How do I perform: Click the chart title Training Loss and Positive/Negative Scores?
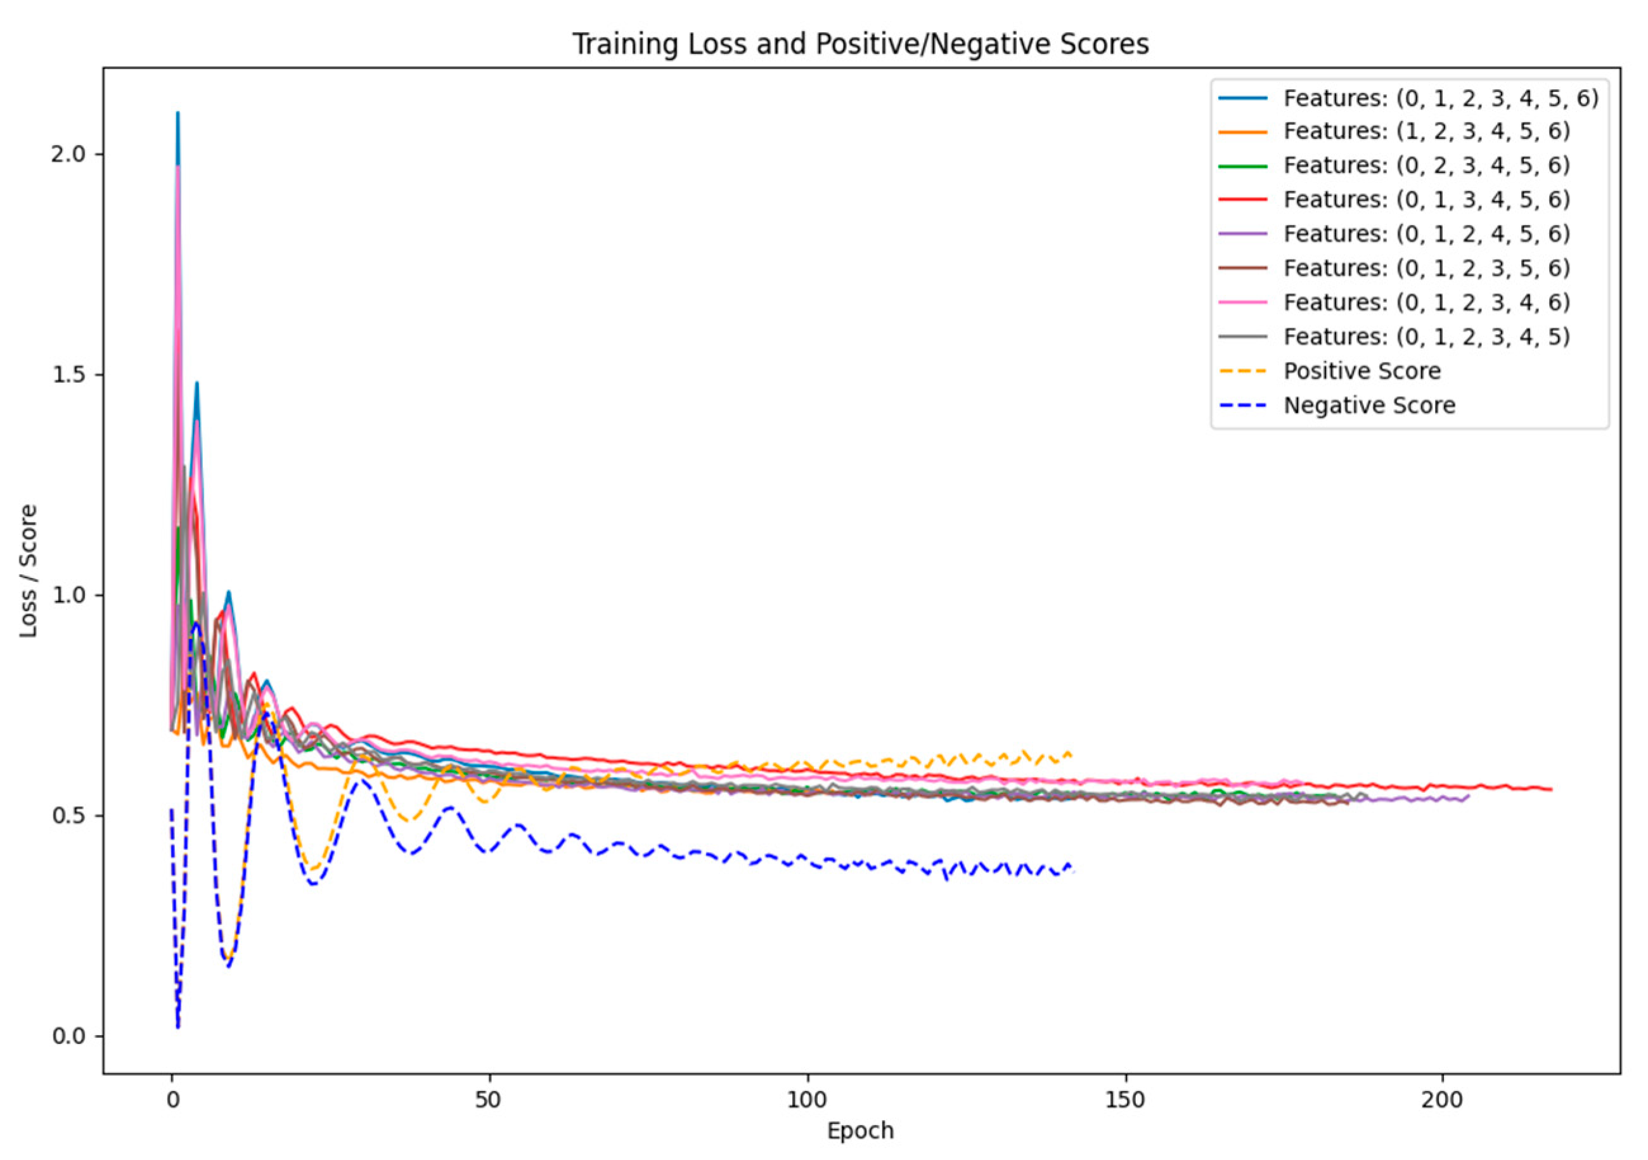tap(860, 44)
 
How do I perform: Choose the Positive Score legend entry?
tap(1362, 371)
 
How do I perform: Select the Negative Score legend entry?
tap(1368, 406)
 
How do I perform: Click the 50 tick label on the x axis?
tap(489, 1100)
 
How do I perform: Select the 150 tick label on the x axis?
tap(1124, 1100)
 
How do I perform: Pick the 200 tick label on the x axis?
tap(1442, 1100)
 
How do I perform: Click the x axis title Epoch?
tap(860, 1131)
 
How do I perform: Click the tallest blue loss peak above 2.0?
tap(177, 113)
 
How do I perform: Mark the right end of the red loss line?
tap(1551, 790)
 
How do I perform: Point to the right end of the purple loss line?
tap(1469, 796)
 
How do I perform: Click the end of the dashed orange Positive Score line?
tap(1071, 754)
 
